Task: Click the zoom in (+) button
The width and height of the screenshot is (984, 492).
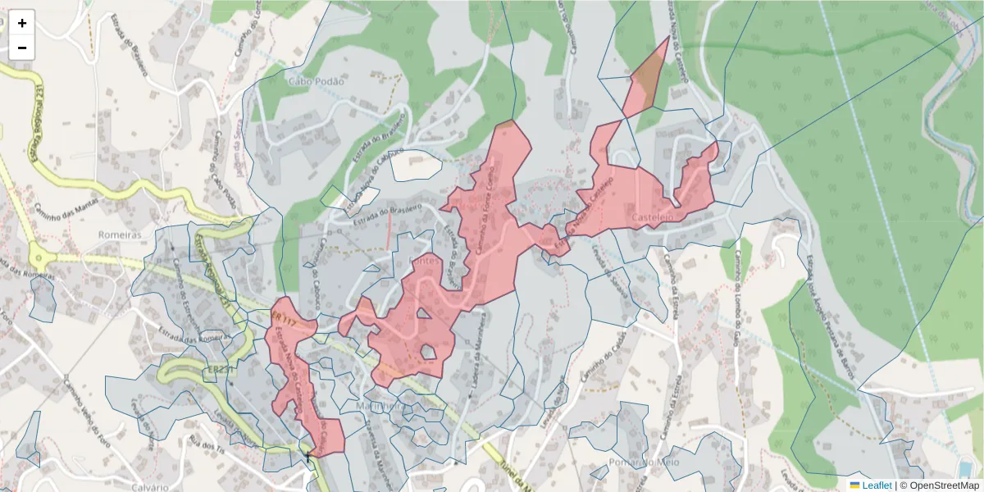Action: click(x=22, y=23)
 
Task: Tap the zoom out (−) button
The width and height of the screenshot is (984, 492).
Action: click(x=22, y=48)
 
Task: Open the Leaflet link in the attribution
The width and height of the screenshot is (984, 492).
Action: click(x=877, y=485)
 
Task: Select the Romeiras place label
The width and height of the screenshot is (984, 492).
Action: click(x=119, y=235)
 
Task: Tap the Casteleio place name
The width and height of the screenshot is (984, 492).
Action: click(x=653, y=216)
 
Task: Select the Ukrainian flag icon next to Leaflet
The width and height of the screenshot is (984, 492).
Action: click(x=854, y=485)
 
